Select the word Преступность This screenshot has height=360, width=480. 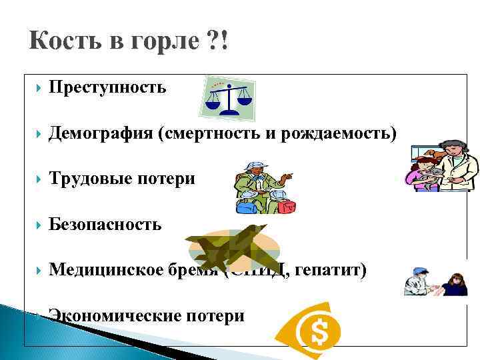point(107,87)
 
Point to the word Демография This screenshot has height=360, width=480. point(101,133)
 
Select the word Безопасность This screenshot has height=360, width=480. point(105,224)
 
